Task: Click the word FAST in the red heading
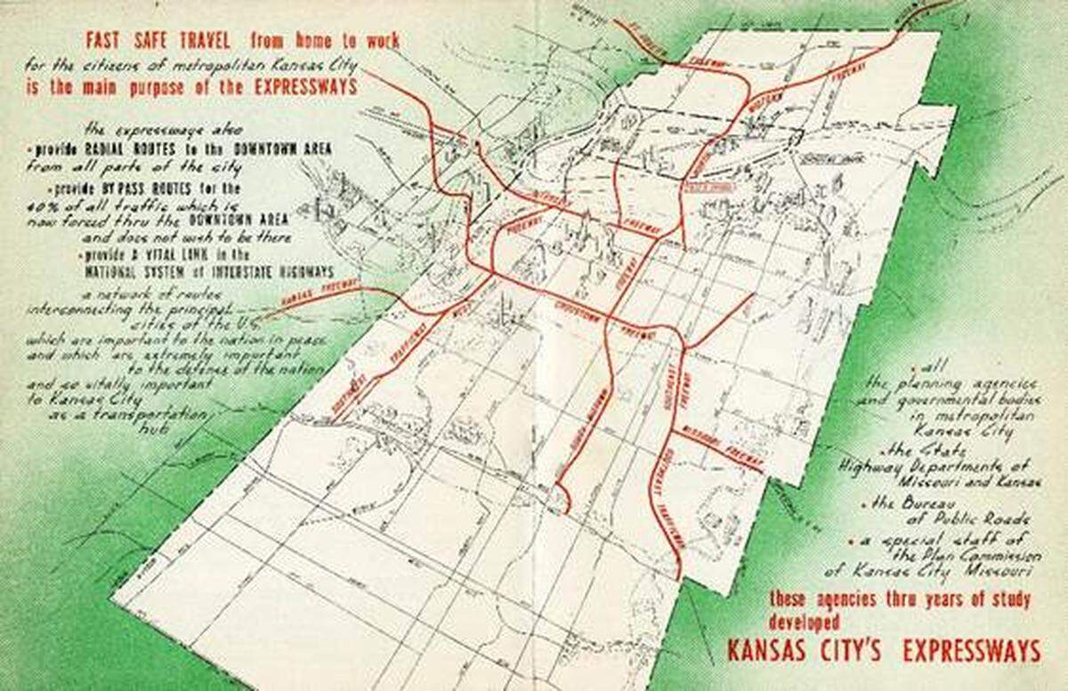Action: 106,40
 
